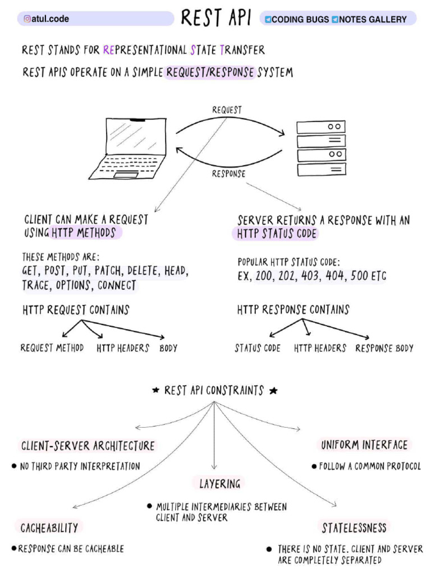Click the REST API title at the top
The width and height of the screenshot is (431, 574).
pyautogui.click(x=215, y=18)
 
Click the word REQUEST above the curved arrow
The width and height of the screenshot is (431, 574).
pyautogui.click(x=227, y=110)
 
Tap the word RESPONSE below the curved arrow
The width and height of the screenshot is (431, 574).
pyautogui.click(x=228, y=174)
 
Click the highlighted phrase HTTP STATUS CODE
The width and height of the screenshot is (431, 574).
pyautogui.click(x=277, y=234)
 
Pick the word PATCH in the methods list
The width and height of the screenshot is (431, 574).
pyautogui.click(x=109, y=271)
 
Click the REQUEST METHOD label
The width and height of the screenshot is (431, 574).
pyautogui.click(x=52, y=348)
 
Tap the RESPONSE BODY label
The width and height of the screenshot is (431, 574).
pyautogui.click(x=384, y=348)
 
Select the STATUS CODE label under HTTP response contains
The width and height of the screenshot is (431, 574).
pyautogui.click(x=258, y=348)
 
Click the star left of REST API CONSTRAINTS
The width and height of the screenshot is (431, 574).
pyautogui.click(x=156, y=391)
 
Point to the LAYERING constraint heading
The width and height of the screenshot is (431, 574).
pyautogui.click(x=220, y=483)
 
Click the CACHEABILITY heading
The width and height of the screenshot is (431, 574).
pyautogui.click(x=49, y=528)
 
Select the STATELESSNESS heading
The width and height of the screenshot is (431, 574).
pyautogui.click(x=354, y=528)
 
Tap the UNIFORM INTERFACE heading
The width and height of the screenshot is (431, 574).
pyautogui.click(x=364, y=445)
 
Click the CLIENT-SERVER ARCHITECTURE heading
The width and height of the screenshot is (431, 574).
pyautogui.click(x=88, y=446)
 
